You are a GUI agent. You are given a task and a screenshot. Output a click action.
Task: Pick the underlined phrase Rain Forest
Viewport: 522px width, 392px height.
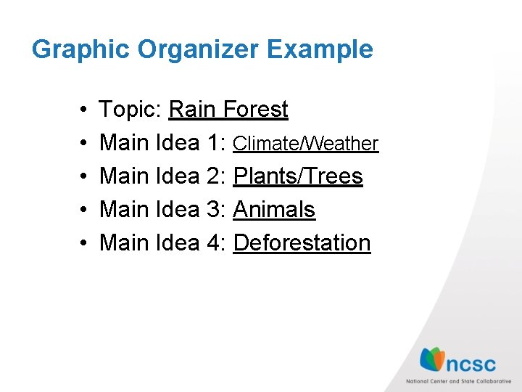(228, 110)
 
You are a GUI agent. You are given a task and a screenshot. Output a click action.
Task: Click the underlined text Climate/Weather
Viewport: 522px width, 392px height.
(305, 144)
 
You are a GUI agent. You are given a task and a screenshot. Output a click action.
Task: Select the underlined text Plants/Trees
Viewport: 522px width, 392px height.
(298, 176)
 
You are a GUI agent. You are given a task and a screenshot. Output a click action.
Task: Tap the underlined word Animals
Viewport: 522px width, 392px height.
(274, 210)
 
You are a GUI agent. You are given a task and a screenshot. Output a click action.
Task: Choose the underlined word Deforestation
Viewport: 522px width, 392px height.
(302, 243)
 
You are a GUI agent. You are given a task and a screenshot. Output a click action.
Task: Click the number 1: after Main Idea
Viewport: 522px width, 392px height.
(215, 143)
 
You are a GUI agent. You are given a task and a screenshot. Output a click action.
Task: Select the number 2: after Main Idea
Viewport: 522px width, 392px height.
(215, 176)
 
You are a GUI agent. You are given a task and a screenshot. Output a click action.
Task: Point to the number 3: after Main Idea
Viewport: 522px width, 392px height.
(215, 210)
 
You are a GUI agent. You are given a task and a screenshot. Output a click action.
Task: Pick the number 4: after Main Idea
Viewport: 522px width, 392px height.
(215, 243)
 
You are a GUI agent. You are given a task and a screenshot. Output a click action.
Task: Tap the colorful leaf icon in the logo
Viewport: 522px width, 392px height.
(432, 359)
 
